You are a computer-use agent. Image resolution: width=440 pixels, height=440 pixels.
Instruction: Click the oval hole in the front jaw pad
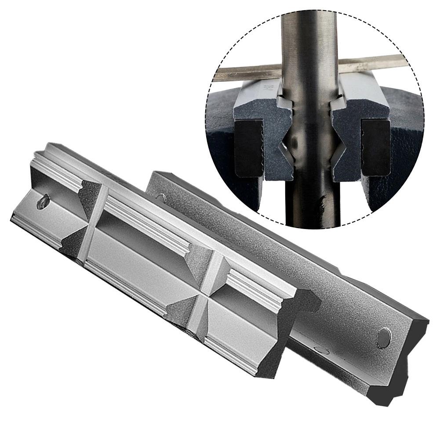click(x=43, y=203)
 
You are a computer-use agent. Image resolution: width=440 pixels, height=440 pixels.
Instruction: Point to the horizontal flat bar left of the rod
click(x=246, y=72)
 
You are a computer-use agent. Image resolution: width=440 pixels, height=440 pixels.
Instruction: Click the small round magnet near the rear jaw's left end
click(x=161, y=197)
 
